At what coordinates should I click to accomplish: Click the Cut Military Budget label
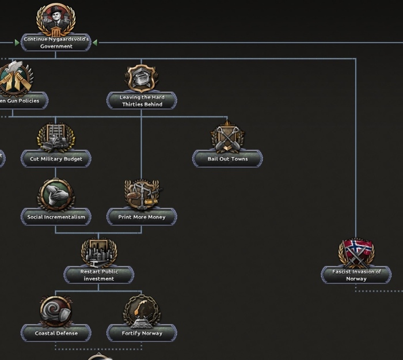56,159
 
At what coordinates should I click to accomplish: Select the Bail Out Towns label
227,159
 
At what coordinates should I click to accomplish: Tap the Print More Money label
142,217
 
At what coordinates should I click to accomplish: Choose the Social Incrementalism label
56,217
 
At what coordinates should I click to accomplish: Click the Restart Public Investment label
99,275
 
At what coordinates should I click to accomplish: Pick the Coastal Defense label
56,334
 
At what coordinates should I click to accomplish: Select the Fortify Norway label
142,334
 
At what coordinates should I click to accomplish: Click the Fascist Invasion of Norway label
356,275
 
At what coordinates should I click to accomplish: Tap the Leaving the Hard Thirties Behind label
142,101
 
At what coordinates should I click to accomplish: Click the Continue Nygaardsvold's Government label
56,43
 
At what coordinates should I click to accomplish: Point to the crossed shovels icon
227,137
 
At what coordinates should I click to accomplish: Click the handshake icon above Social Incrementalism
56,194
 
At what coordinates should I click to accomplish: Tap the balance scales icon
142,194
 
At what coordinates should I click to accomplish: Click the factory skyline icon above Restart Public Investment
99,252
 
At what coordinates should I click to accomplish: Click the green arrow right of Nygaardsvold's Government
95,42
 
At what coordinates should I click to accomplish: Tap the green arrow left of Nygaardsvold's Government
17,42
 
